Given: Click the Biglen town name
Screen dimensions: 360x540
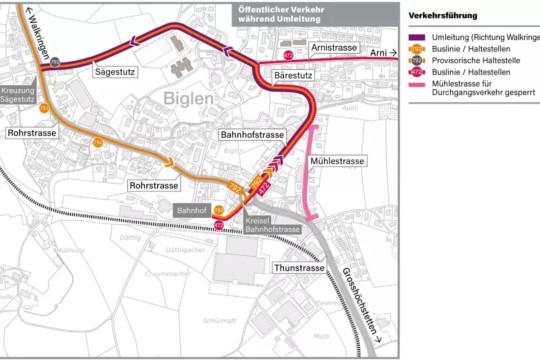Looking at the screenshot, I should pyautogui.click(x=185, y=98).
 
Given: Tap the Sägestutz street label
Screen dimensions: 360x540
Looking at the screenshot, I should pyautogui.click(x=113, y=73).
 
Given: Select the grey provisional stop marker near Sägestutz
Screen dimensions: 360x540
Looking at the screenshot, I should pyautogui.click(x=56, y=62).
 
